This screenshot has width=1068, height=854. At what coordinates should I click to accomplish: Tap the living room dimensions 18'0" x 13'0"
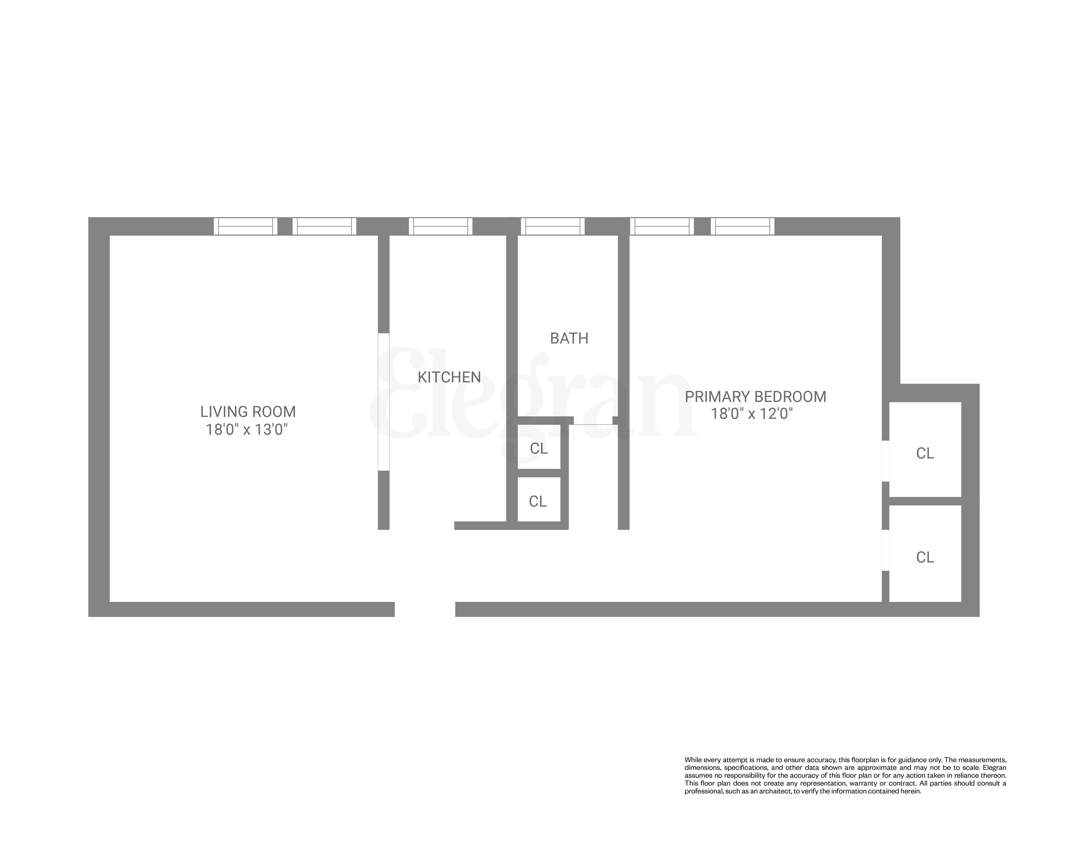point(247,430)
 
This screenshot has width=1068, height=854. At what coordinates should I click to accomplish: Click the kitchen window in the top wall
point(440,226)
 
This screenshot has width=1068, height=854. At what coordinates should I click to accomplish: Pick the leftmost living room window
point(245,226)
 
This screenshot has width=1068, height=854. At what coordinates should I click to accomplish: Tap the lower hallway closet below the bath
point(538,500)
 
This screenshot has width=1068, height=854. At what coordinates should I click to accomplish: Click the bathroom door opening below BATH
point(593,421)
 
